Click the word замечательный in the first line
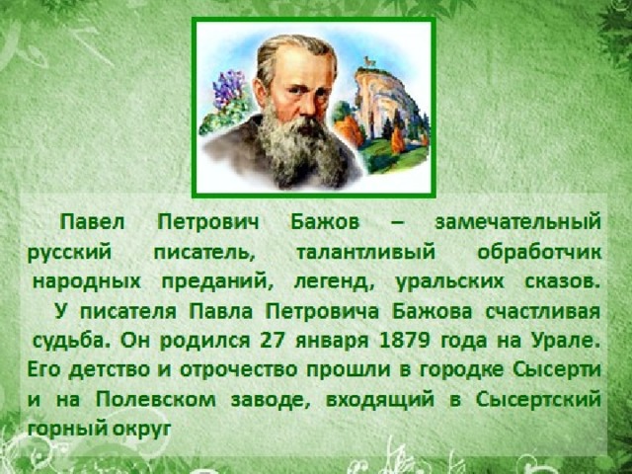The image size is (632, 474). click(518, 222)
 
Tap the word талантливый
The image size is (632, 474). click(366, 253)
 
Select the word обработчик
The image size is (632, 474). click(539, 253)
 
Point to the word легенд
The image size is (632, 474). click(332, 281)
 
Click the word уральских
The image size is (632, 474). click(449, 281)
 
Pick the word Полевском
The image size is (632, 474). click(156, 399)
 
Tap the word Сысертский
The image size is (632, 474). click(538, 399)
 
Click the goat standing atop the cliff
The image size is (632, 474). click(368, 61)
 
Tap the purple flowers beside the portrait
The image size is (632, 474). click(228, 90)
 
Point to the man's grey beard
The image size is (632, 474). click(299, 148)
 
